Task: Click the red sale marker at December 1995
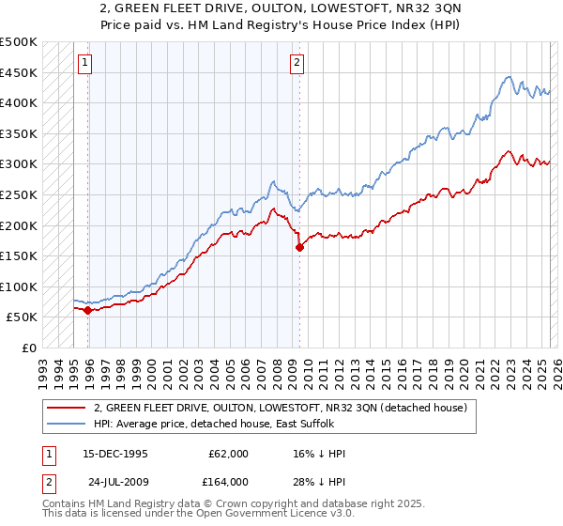(x=87, y=310)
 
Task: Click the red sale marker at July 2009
(x=300, y=248)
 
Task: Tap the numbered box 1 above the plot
(x=84, y=63)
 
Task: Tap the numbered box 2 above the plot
(x=297, y=63)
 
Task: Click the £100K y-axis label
(x=19, y=286)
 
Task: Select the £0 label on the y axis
(x=28, y=348)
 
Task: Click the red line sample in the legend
(x=66, y=408)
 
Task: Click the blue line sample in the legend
(x=66, y=425)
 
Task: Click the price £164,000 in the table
(x=228, y=482)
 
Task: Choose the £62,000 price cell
(x=228, y=454)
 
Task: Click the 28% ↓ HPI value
(x=319, y=482)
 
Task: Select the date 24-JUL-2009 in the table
(x=115, y=482)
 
